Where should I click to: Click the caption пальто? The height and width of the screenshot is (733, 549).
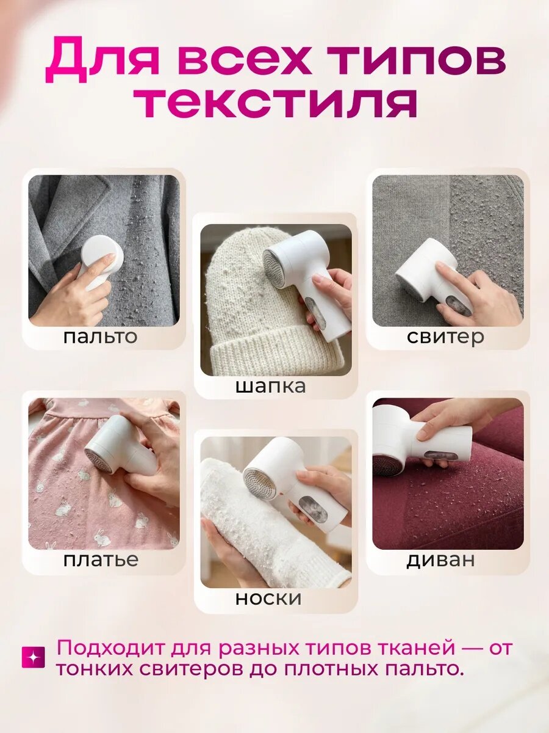(100, 338)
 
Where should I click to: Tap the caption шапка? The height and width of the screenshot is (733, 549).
(270, 387)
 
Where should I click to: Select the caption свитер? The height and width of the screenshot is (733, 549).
(445, 338)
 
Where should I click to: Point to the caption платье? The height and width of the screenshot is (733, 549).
(101, 560)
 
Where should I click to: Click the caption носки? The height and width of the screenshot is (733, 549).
(268, 599)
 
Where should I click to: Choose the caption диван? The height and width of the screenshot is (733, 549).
(440, 560)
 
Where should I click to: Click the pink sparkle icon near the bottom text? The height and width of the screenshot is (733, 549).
(33, 658)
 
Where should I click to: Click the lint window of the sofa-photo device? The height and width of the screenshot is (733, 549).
(439, 456)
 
